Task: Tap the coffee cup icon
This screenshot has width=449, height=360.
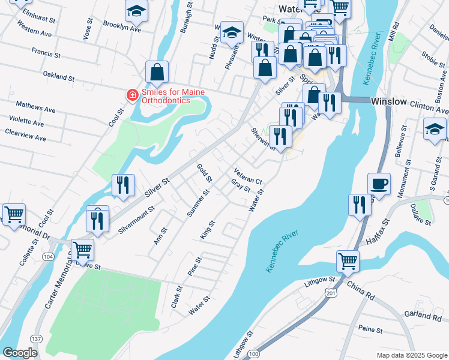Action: click(x=379, y=184)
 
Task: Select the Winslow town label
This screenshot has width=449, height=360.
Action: click(x=388, y=101)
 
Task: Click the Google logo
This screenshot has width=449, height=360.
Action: click(x=20, y=352)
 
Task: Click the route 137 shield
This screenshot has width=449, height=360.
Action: click(x=37, y=340)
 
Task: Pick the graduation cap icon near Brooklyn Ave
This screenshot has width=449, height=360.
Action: click(x=136, y=10)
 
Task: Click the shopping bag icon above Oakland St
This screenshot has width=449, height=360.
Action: click(x=156, y=71)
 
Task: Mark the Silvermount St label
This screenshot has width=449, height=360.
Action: click(x=136, y=221)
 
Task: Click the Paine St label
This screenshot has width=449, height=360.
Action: click(x=370, y=329)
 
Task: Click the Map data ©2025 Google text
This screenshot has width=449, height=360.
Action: click(x=411, y=355)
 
